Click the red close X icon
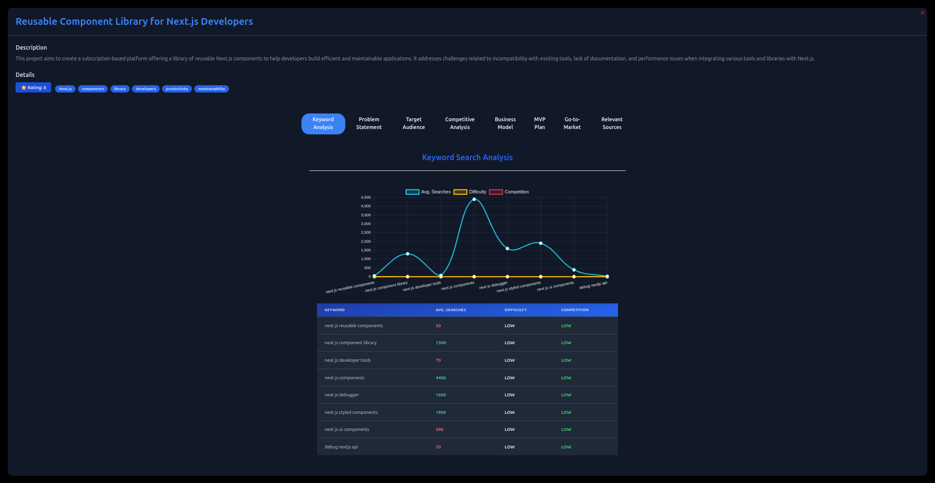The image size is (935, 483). tap(922, 13)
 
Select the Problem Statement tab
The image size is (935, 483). tap(369, 123)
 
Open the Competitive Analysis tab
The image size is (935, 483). tap(460, 123)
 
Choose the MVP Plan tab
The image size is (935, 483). tap(540, 123)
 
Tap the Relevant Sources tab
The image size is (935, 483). tap(612, 123)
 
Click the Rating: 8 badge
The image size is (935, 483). tap(33, 88)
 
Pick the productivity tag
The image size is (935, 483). tap(177, 89)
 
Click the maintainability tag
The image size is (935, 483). tap(211, 89)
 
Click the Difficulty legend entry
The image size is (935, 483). tap(470, 192)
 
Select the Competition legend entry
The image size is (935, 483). tap(509, 192)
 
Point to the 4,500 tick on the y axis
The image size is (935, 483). tap(366, 197)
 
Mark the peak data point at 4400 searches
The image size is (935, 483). tap(474, 199)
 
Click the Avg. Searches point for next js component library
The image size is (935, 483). tap(408, 254)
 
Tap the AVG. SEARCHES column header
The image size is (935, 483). tap(450, 310)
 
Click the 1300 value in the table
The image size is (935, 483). tap(441, 343)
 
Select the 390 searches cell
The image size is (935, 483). tap(439, 429)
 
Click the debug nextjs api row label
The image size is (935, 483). tap(341, 447)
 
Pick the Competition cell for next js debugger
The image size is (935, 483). tap(566, 395)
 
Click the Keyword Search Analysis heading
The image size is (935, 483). tap(467, 157)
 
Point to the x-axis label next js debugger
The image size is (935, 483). tap(493, 285)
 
